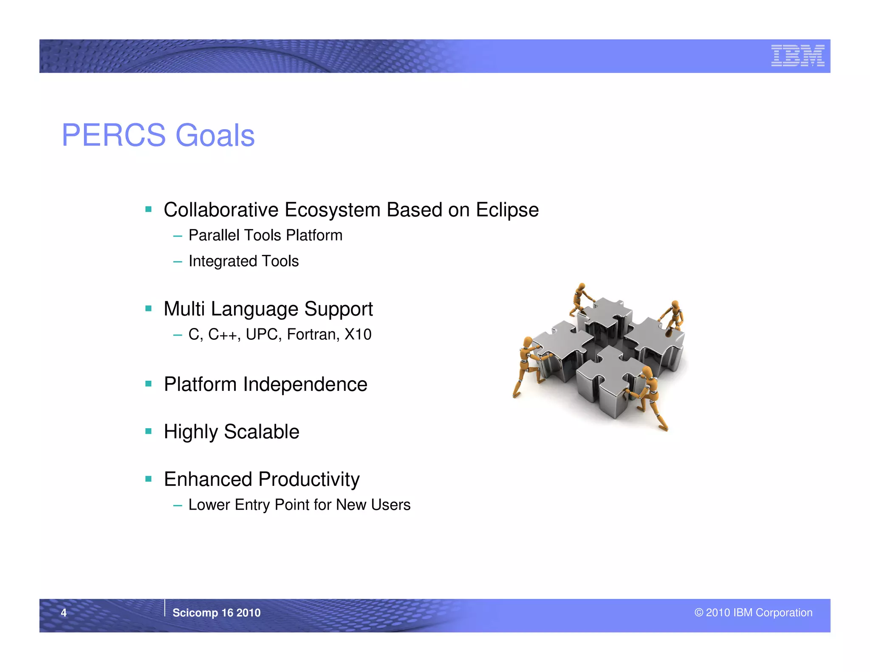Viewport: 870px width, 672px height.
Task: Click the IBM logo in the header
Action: (797, 56)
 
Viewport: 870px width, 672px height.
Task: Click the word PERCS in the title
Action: (113, 136)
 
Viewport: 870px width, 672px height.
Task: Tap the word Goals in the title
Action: (215, 136)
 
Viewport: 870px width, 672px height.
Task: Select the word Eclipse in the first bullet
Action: (507, 210)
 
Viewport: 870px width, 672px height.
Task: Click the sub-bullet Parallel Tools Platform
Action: (265, 235)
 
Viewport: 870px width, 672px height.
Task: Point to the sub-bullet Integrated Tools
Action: (243, 261)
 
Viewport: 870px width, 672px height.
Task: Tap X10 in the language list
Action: (358, 335)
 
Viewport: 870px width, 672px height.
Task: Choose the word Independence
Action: (305, 384)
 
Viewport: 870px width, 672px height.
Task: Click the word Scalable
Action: (261, 432)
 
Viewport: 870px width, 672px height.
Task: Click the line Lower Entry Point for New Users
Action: (299, 505)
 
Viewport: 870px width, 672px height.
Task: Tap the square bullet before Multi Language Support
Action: (148, 309)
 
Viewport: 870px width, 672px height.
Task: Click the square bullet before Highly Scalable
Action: (148, 432)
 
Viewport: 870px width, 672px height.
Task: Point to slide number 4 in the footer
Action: (64, 613)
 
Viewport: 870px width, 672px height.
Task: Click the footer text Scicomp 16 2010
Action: (216, 613)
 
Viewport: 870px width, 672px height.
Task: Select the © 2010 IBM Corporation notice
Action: (753, 613)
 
